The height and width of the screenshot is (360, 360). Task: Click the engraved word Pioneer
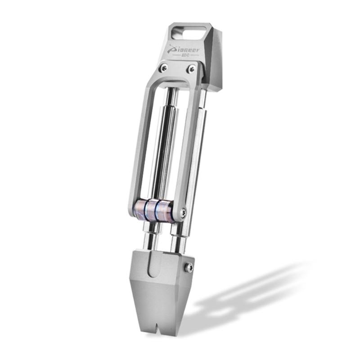(184, 50)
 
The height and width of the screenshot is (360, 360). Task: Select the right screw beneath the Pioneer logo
(191, 68)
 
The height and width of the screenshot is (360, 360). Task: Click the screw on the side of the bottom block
(190, 267)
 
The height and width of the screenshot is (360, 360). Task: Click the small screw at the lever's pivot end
(183, 212)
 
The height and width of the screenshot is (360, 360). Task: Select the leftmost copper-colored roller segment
(140, 208)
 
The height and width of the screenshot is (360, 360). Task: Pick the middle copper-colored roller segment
(152, 208)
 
